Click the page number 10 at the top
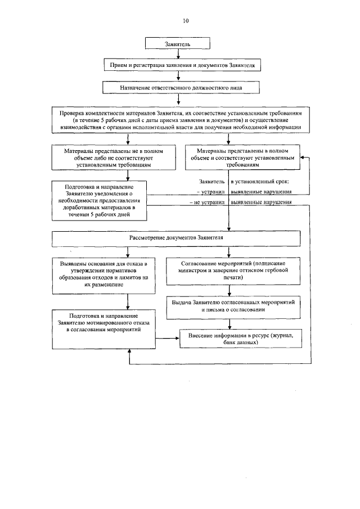coord(186,21)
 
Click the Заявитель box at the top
coord(178,43)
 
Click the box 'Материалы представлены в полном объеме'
coord(243,158)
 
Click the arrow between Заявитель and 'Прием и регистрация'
coord(178,54)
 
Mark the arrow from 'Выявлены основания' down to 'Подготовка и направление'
coord(129,301)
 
